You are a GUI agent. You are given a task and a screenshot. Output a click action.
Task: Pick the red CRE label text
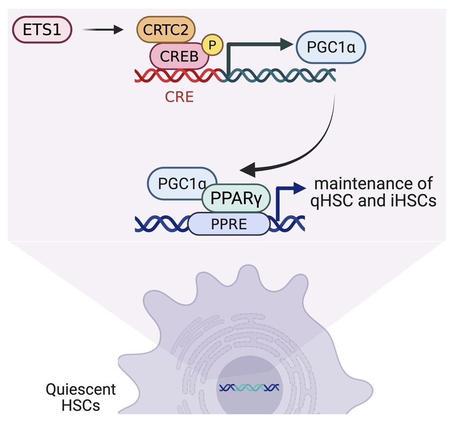[179, 96]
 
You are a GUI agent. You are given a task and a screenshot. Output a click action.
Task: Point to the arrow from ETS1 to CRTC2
[103, 31]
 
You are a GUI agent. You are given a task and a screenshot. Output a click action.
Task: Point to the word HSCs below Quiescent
[80, 405]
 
